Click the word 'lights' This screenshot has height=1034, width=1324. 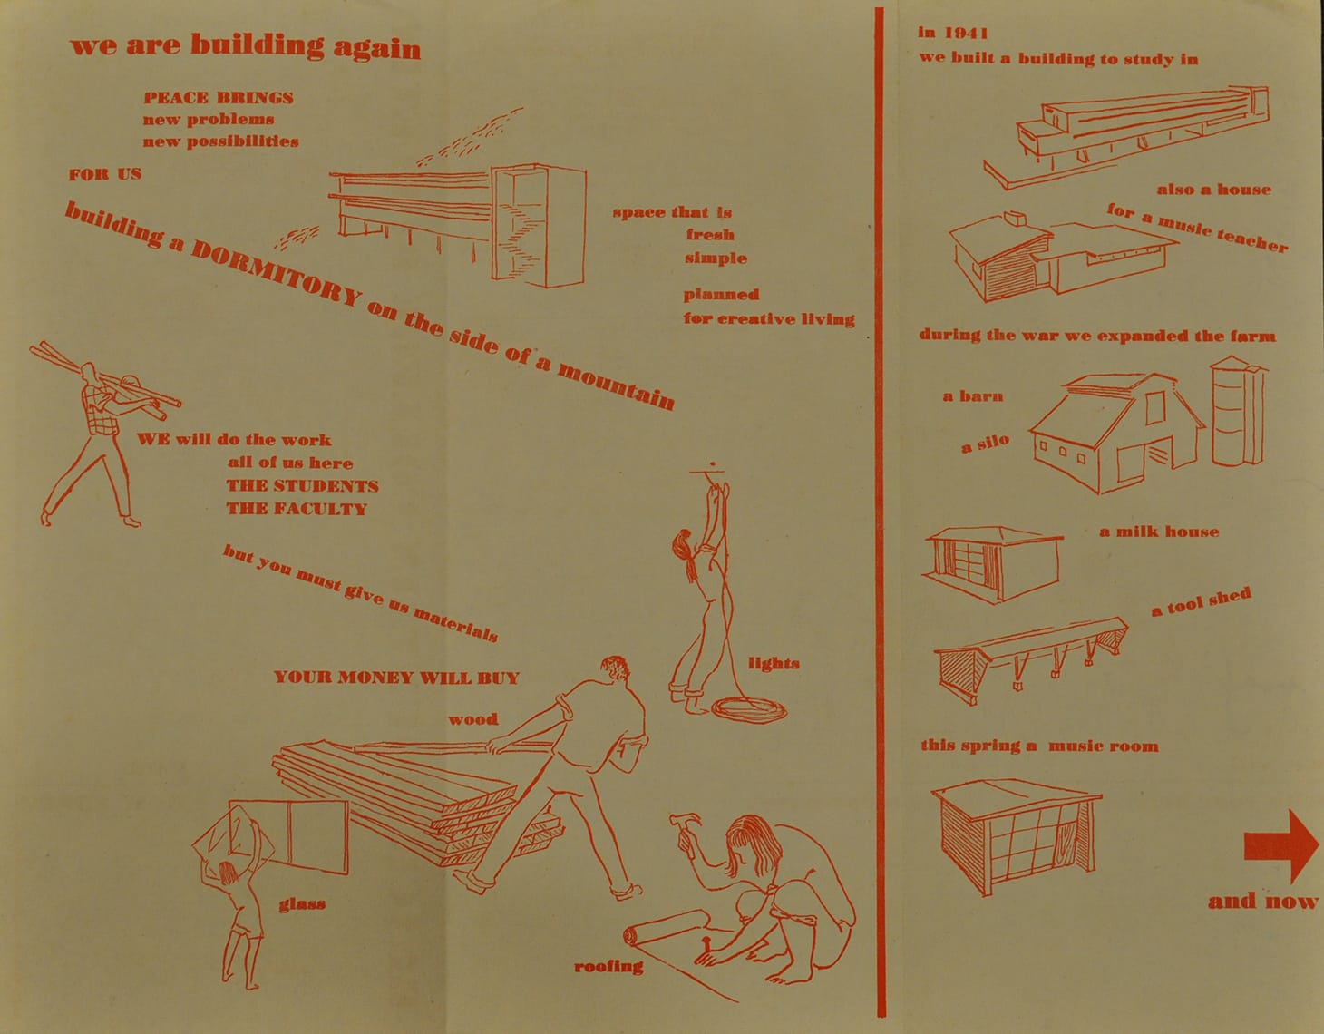774,663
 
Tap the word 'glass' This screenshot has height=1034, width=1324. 302,904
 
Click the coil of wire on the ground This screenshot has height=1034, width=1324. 749,710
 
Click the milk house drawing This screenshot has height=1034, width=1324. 993,564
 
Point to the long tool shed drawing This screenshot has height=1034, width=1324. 1029,659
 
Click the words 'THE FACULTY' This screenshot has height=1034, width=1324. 297,509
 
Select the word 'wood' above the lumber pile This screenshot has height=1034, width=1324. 473,719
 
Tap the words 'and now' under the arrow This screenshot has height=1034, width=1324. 1263,901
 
